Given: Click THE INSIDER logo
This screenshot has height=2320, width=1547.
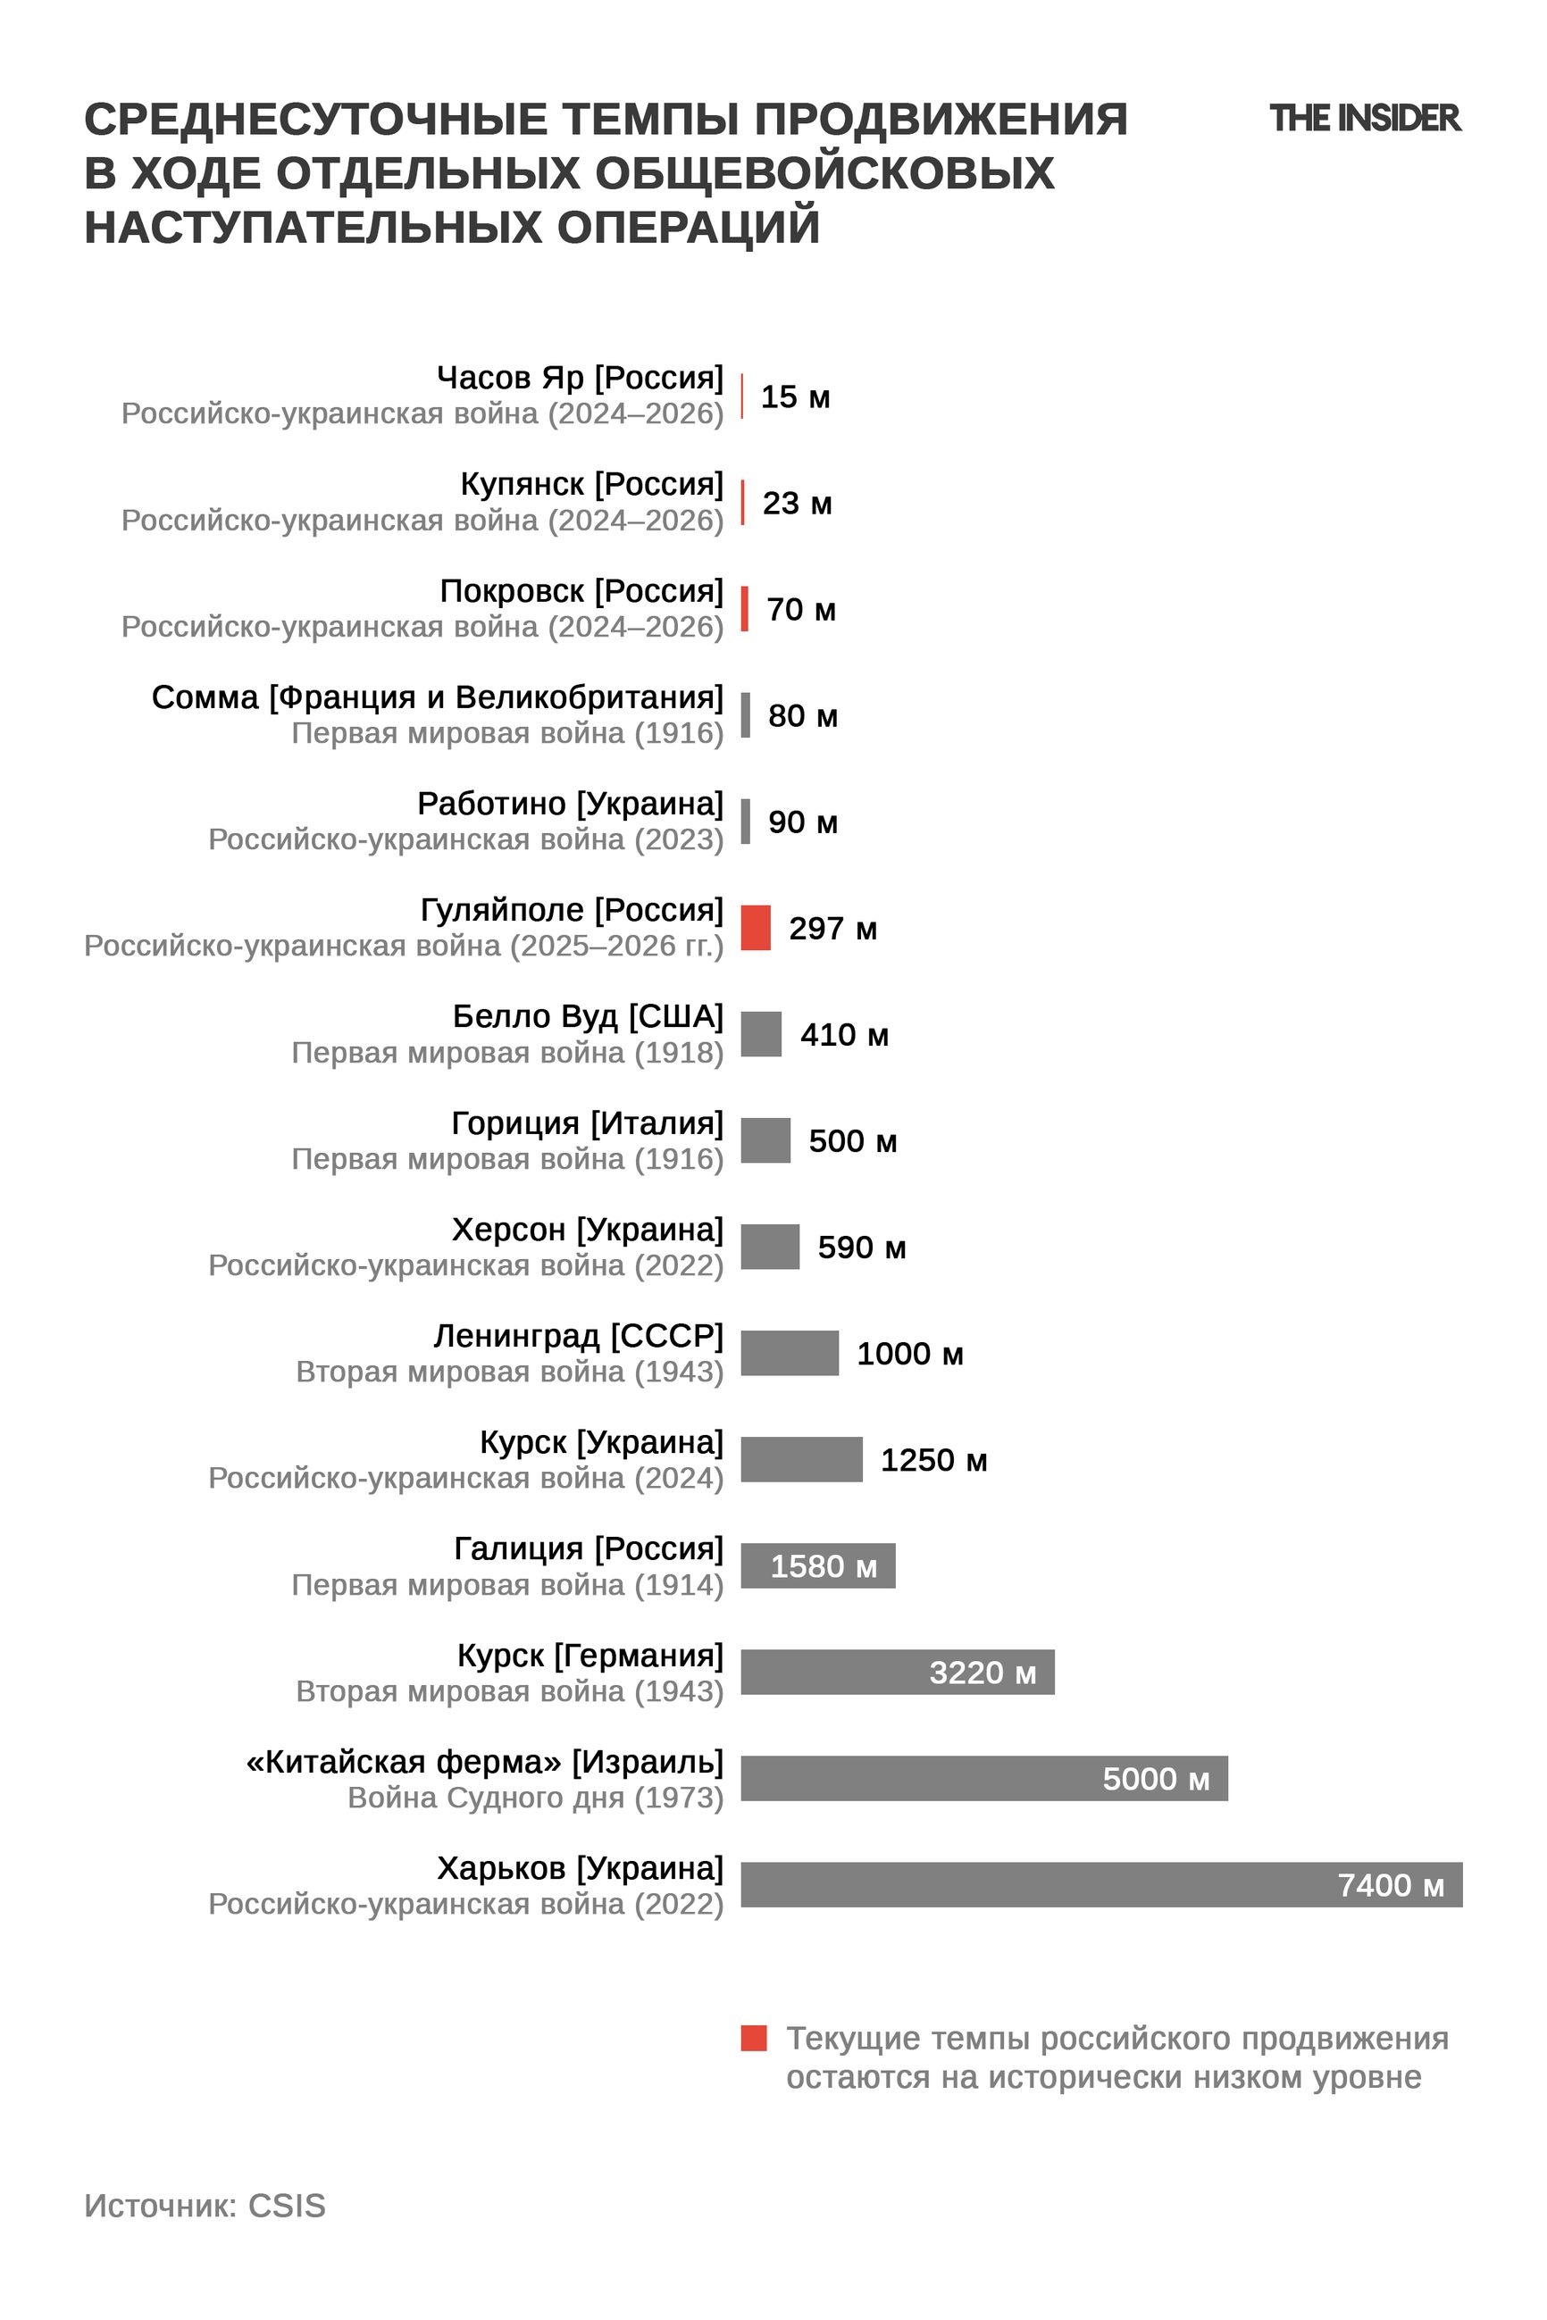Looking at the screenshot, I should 1364,119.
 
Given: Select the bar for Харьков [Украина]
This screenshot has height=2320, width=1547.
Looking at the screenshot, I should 1101,1884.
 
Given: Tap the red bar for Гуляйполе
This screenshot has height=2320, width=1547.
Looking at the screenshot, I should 756,927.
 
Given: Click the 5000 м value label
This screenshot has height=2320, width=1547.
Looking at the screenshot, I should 1155,1779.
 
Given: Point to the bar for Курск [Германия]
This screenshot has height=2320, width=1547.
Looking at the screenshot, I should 898,1672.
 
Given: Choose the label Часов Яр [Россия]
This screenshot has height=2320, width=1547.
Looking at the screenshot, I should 581,377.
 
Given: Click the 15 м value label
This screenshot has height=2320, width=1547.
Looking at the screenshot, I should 795,396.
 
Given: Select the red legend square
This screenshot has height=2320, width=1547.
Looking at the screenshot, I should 754,2038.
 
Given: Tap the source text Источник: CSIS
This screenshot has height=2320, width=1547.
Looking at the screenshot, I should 205,2206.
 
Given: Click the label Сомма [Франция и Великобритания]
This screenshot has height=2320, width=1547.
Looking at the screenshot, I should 437,697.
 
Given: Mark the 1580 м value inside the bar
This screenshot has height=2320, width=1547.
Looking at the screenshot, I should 823,1565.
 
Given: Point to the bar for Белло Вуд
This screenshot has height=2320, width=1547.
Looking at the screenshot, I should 761,1034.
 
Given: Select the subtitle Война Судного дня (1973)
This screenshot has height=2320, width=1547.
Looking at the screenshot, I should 536,1798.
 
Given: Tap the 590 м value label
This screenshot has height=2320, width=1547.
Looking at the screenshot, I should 861,1247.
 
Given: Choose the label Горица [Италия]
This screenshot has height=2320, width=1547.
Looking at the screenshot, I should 587,1122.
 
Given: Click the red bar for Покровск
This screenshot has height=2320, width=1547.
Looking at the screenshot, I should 745,609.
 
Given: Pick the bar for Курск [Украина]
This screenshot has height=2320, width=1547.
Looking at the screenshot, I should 801,1459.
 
